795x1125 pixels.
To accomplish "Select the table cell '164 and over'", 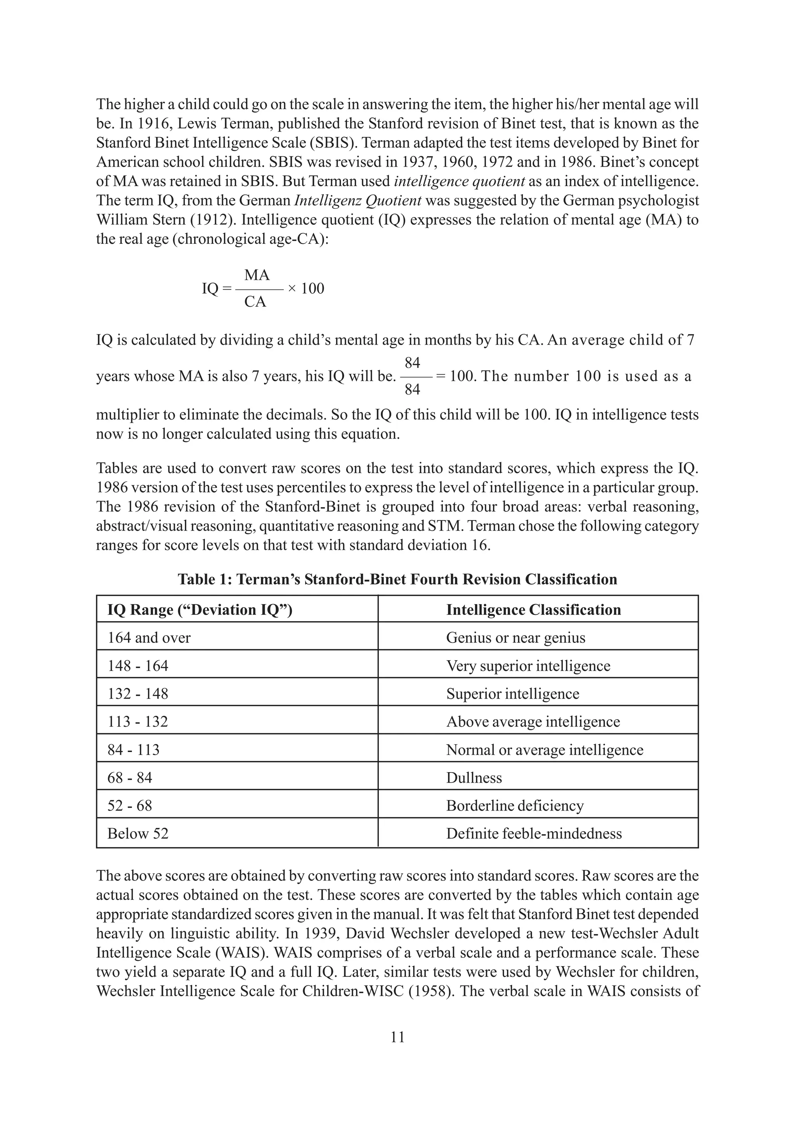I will coord(149,637).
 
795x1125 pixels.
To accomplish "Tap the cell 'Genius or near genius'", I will coord(515,637).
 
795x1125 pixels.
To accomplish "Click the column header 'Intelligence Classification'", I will coord(533,609).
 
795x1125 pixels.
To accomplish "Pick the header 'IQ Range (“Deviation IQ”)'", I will coord(200,609).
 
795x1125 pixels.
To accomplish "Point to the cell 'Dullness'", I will coord(474,778).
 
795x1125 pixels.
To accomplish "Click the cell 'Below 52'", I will coord(138,833).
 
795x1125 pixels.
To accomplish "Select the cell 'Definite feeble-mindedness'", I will coord(534,833).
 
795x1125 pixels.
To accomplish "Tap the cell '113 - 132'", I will coord(138,722).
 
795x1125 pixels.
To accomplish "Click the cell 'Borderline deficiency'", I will coord(515,806).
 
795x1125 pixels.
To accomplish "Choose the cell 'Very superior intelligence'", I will coord(528,666).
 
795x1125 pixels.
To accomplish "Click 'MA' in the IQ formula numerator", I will coord(257,275).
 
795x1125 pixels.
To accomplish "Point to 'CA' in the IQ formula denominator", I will coord(255,302).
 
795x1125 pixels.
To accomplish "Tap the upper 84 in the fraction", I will coord(412,363).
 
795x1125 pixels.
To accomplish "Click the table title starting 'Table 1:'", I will coord(397,579).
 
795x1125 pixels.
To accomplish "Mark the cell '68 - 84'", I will coord(129,778).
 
